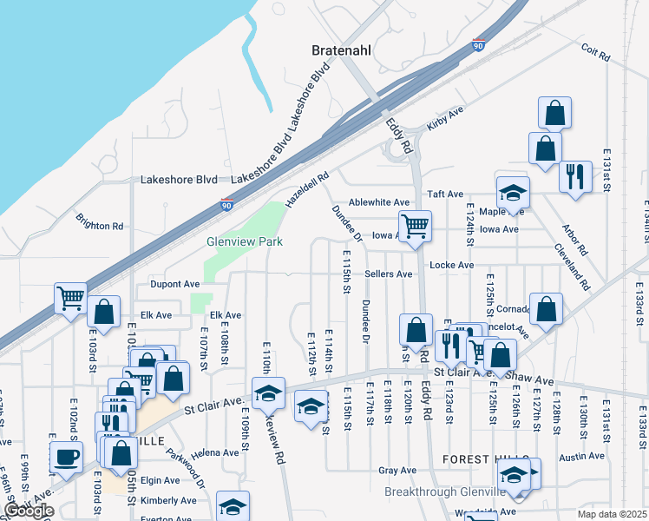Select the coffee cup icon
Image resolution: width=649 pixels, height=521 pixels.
tap(67, 457)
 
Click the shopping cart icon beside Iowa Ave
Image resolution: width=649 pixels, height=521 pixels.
tap(416, 226)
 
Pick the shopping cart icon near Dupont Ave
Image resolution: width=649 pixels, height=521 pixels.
tap(71, 298)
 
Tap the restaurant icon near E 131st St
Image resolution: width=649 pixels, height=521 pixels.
tap(574, 175)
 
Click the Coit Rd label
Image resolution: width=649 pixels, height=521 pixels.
tap(596, 53)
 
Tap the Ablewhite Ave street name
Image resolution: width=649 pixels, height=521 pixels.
tap(378, 201)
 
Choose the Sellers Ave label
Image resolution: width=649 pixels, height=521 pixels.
tap(388, 274)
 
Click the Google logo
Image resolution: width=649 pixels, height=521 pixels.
tap(29, 511)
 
